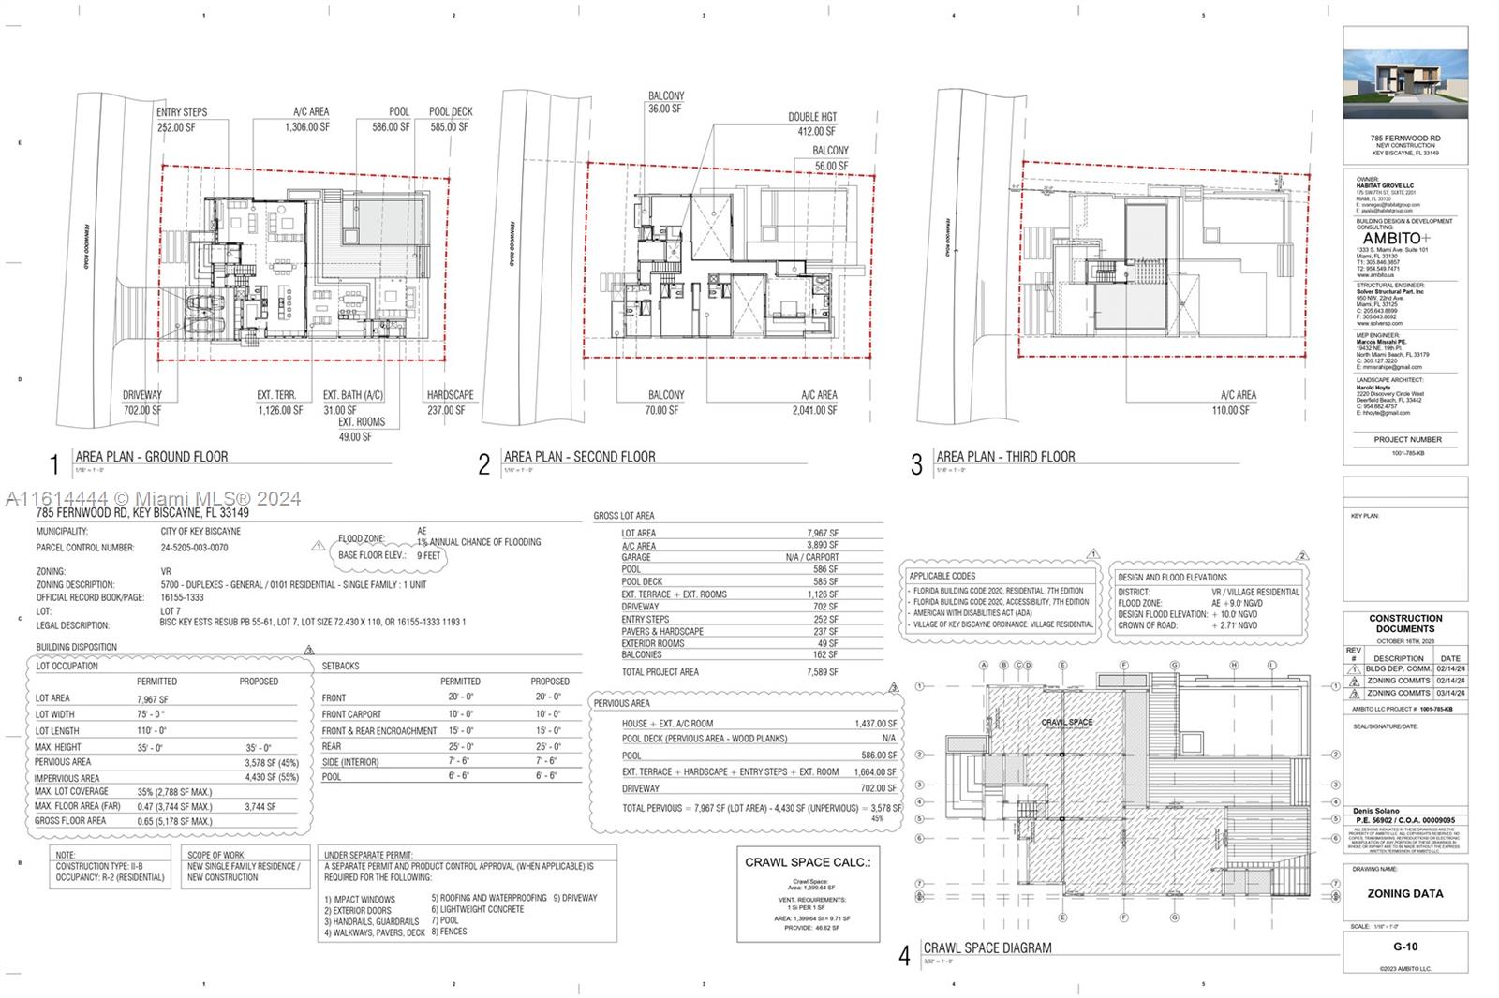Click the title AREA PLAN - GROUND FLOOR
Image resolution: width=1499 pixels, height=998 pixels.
point(152,457)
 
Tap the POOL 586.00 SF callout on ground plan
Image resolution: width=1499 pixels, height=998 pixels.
point(391,120)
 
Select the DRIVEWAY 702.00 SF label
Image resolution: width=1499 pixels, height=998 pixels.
point(142,403)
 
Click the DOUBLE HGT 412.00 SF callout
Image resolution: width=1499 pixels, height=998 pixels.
point(812,125)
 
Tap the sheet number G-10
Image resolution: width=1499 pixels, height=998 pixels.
point(1404,947)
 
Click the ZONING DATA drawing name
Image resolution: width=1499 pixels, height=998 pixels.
point(1404,894)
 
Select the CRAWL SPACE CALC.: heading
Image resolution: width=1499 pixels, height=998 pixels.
point(808,862)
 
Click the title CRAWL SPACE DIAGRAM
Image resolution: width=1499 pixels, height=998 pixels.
point(987,948)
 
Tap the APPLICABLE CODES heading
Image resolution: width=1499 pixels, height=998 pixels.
point(942,577)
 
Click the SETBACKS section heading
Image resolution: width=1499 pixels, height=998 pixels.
point(340,666)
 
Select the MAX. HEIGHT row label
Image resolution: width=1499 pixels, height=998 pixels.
point(57,747)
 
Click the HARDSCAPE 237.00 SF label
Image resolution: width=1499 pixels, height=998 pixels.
point(450,403)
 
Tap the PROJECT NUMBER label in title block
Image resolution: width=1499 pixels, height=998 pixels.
point(1407,439)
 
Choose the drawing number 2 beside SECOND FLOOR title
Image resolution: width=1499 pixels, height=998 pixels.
point(483,465)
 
